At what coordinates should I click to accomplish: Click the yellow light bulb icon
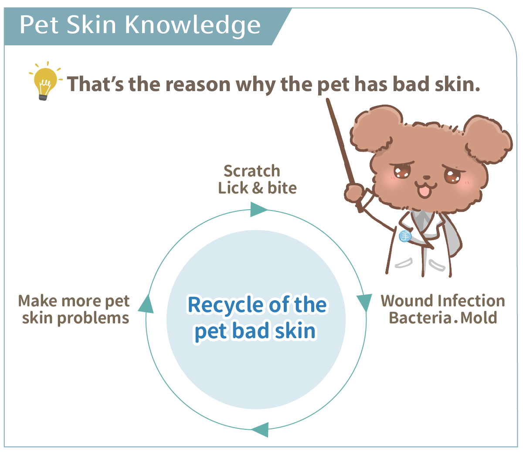45,82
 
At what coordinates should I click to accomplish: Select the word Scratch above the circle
252,171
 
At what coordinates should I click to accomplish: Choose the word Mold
479,318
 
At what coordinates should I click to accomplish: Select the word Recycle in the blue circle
225,305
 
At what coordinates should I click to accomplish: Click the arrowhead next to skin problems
146,304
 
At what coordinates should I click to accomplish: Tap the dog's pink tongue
425,192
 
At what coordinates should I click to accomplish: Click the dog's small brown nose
427,177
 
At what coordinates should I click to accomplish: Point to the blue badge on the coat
405,236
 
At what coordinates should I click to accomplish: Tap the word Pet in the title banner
39,25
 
